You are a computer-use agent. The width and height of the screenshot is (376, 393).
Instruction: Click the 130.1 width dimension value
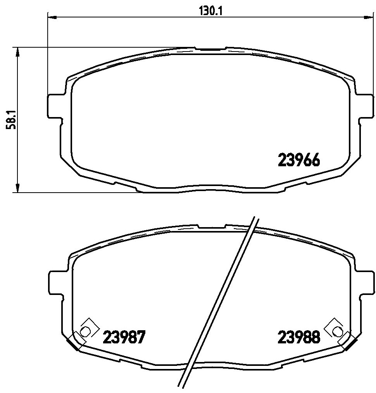coord(210,11)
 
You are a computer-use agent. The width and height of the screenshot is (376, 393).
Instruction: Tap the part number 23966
coord(298,160)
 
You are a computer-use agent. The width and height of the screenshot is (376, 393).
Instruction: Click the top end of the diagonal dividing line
coord(255,218)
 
